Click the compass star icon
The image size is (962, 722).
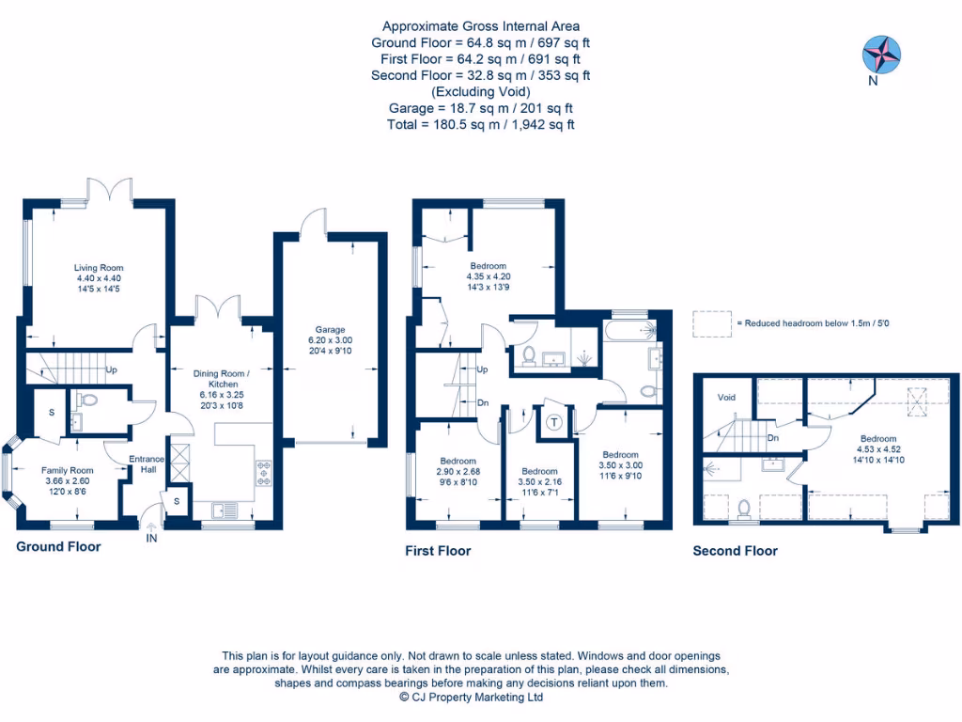(881, 53)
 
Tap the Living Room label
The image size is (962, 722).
(99, 268)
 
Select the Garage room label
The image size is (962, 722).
(330, 330)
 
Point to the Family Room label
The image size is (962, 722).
(68, 470)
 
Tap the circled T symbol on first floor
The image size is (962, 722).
(553, 422)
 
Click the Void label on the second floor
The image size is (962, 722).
(726, 398)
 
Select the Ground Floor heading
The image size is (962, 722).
(58, 546)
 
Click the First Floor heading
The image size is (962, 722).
(438, 551)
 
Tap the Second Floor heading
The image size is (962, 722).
(735, 551)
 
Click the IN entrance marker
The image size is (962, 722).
(151, 539)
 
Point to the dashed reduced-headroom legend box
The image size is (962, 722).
(712, 323)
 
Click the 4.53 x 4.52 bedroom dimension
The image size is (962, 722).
(877, 449)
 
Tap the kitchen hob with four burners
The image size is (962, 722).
(263, 473)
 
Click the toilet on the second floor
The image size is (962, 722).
(744, 509)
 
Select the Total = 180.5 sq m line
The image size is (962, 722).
(480, 124)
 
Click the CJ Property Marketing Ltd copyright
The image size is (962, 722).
(471, 698)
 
